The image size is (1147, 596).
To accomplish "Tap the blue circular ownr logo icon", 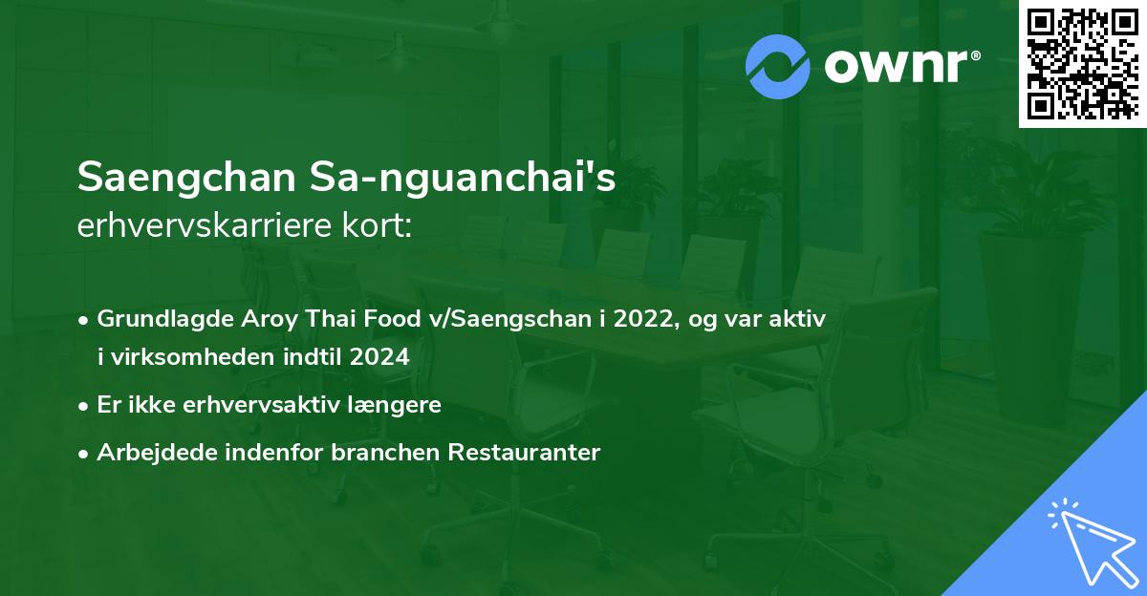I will click(778, 67).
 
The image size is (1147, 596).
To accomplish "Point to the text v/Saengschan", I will click(501, 319).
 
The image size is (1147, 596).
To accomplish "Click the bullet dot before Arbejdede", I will click(85, 453).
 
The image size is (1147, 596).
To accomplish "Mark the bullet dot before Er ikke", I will click(85, 405).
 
